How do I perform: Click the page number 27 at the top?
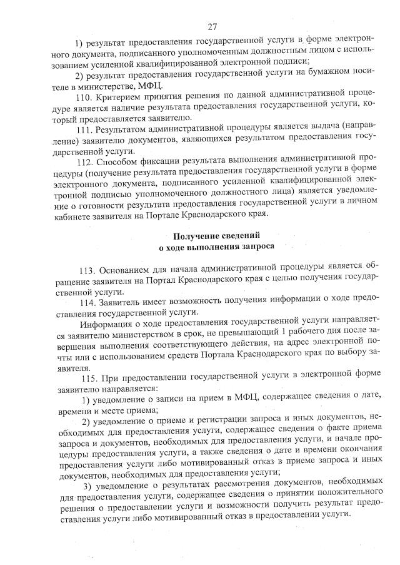pyautogui.click(x=212, y=26)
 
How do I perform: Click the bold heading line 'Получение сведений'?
pyautogui.click(x=212, y=235)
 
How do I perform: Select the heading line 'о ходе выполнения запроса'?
pyautogui.click(x=212, y=247)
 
